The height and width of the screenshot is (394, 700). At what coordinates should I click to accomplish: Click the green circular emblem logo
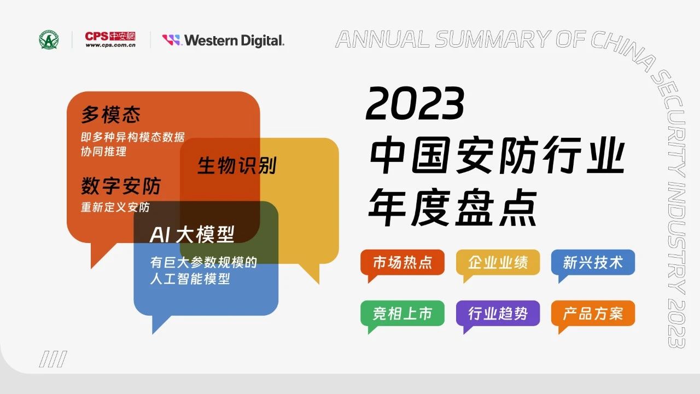pyautogui.click(x=49, y=40)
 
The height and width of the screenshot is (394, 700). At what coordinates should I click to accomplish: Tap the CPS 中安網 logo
pyautogui.click(x=110, y=39)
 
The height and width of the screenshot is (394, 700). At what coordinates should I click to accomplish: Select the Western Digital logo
pyautogui.click(x=223, y=40)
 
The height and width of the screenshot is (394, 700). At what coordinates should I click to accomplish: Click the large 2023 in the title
pyautogui.click(x=415, y=103)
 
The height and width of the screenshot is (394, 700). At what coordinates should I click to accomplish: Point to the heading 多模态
pyautogui.click(x=111, y=114)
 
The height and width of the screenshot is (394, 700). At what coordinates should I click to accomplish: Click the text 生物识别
pyautogui.click(x=237, y=165)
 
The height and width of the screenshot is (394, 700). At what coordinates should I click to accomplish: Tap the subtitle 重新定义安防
pyautogui.click(x=115, y=207)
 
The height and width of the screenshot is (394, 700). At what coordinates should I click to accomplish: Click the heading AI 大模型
pyautogui.click(x=192, y=234)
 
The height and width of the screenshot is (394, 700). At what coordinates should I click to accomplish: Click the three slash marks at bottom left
pyautogui.click(x=53, y=359)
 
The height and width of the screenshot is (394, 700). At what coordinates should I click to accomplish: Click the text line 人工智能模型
pyautogui.click(x=190, y=279)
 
